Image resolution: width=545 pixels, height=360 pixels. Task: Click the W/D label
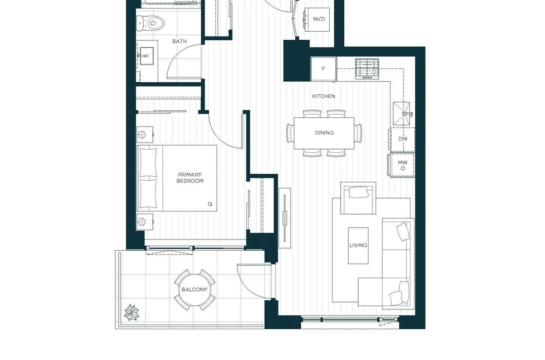318,19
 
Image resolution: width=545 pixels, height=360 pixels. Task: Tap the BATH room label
179,41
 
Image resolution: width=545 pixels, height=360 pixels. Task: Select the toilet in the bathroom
150,23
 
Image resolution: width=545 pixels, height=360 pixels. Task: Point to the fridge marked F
323,69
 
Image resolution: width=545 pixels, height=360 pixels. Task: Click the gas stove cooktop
367,68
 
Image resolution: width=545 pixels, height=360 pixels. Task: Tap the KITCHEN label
323,96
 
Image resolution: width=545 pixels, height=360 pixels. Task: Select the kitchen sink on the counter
402,114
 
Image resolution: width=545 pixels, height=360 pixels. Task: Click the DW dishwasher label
403,139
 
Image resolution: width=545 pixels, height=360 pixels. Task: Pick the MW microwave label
403,163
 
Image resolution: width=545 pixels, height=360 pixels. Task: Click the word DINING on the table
324,133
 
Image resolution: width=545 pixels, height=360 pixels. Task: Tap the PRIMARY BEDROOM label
190,178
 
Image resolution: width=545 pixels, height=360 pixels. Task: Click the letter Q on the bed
210,204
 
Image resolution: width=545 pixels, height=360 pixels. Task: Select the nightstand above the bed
145,135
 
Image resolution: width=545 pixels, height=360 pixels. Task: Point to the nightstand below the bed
145,221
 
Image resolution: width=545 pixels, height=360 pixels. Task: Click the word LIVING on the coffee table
358,245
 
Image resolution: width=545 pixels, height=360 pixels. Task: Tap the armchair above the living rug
358,198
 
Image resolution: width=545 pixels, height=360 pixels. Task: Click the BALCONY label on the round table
194,290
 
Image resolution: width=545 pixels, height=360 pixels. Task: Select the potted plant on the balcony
132,312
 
